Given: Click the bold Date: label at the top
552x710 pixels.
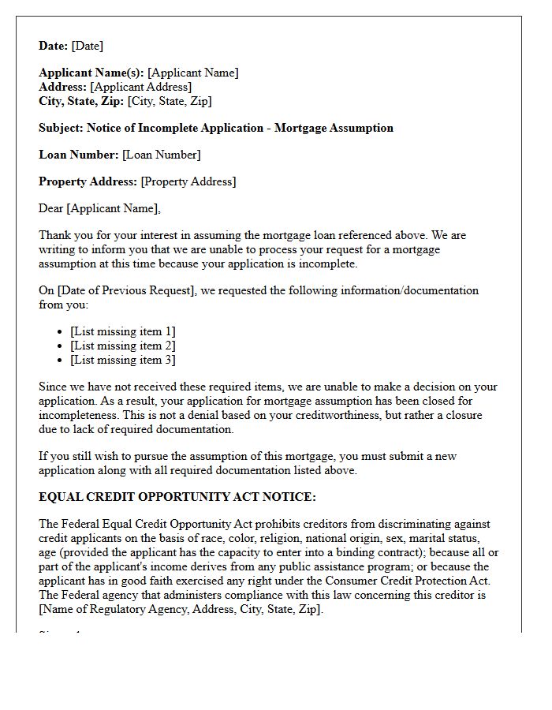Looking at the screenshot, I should [52, 46].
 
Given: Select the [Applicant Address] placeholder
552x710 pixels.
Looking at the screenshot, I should [140, 87].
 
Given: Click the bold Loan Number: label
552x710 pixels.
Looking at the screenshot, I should [79, 155].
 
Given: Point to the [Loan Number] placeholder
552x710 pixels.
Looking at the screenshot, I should [162, 155].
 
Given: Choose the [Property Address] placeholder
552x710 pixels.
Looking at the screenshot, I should [188, 181].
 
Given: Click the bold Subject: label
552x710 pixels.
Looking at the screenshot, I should [61, 128].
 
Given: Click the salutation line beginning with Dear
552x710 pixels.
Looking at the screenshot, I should [99, 208].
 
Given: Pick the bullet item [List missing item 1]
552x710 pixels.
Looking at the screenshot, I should [122, 331].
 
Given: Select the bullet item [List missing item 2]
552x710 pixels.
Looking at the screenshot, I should [122, 346].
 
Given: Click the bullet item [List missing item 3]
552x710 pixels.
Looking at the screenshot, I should [122, 360].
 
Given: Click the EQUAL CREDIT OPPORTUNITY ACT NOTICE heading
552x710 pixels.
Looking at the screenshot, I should [177, 497].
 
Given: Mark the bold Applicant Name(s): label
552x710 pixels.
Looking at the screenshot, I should [91, 73].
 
